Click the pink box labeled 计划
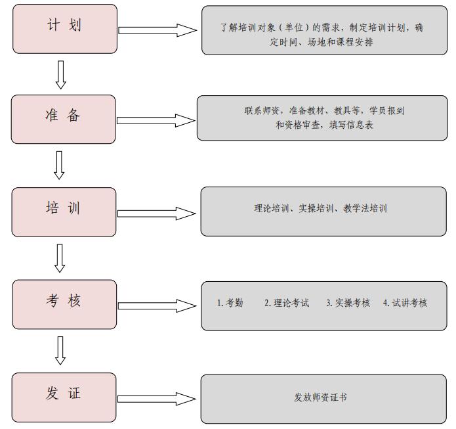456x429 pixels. coord(65,29)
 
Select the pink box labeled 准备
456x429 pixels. coord(64,119)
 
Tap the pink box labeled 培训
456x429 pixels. coord(64,212)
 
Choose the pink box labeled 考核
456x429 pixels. coord(64,304)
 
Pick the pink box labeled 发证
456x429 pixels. coord(64,397)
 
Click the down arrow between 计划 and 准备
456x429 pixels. coord(61,75)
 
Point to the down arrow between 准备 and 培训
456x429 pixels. coord(59,165)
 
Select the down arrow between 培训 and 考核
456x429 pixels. coord(60,258)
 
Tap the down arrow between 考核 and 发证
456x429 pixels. coord(60,351)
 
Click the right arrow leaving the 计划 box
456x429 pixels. coord(157,30)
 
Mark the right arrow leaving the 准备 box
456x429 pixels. coord(156,121)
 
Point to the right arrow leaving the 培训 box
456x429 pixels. coord(157,214)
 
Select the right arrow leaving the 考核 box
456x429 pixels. coord(157,305)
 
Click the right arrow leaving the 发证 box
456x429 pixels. coord(157,399)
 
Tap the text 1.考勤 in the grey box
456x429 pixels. coord(230,303)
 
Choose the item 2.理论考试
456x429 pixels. coord(287,303)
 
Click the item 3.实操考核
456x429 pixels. coord(348,303)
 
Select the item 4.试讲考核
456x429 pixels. coord(405,303)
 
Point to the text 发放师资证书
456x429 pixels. coord(320,397)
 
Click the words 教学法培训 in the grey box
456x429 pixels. coord(365,208)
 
